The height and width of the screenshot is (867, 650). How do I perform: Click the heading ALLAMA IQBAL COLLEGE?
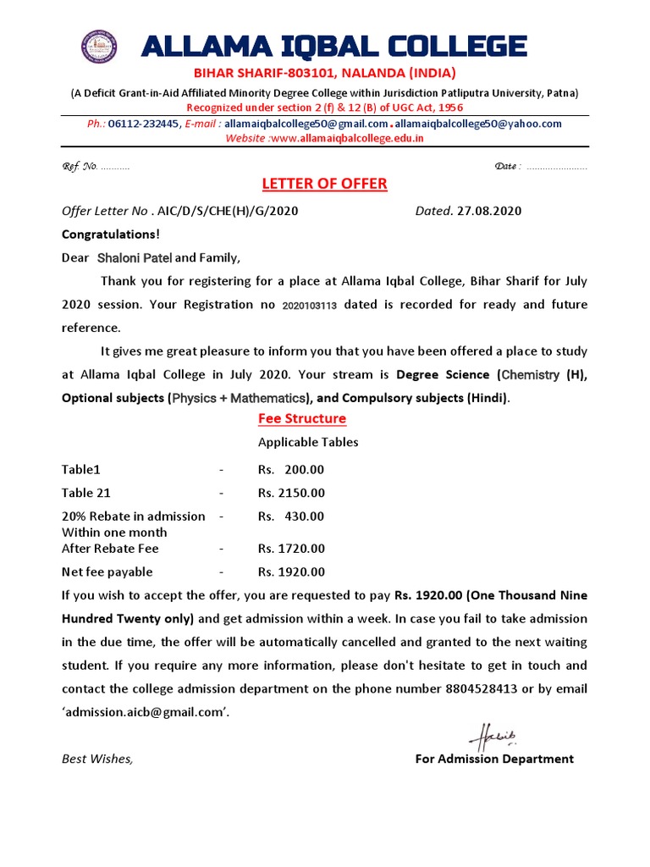[x=334, y=47]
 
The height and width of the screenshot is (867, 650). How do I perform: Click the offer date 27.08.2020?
[x=489, y=211]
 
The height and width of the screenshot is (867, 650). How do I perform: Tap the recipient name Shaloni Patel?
[x=135, y=257]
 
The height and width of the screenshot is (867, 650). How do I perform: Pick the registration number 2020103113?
[x=309, y=305]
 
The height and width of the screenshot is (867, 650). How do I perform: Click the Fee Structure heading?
[x=302, y=418]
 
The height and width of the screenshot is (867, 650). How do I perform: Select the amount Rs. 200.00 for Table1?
[x=291, y=470]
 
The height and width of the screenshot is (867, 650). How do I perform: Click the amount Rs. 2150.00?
[x=291, y=493]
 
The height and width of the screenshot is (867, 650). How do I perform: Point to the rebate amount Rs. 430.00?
[x=291, y=516]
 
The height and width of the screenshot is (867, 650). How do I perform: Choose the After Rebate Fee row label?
[x=110, y=549]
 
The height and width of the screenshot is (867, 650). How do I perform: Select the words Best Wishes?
[x=96, y=759]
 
